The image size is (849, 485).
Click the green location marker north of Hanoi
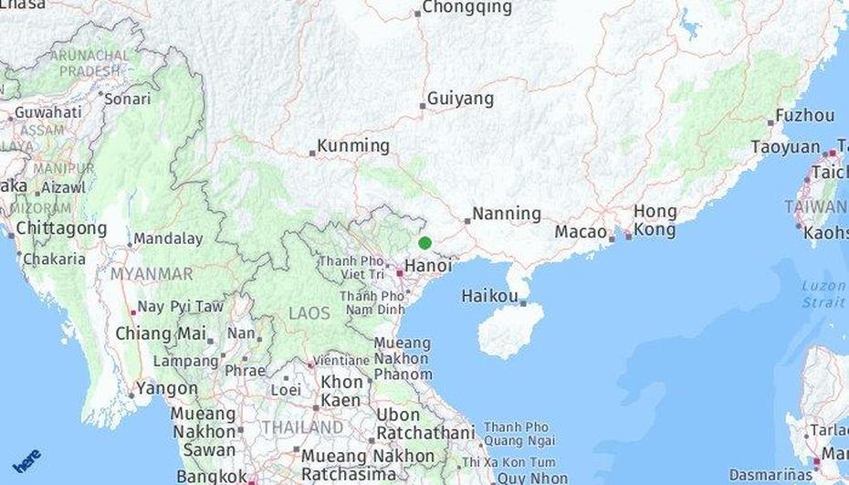pos(424,243)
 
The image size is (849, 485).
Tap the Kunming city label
pos(354,146)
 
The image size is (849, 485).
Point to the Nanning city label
pos(507,214)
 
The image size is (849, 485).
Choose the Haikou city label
pos(490,296)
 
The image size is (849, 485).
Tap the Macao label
pos(580,232)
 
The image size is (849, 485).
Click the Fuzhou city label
pos(805,116)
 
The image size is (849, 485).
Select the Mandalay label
pos(168,239)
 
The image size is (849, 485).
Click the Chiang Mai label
pos(160,333)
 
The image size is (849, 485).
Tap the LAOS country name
pos(309,313)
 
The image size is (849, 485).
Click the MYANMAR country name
pos(152,274)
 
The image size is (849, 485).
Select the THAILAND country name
pos(302,427)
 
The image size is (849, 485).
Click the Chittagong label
pos(61,227)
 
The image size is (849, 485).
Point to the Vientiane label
pos(341,361)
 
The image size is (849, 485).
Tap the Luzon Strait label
pos(823,293)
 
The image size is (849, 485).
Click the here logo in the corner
pos(26,460)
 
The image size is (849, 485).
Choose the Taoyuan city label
pos(785,147)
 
